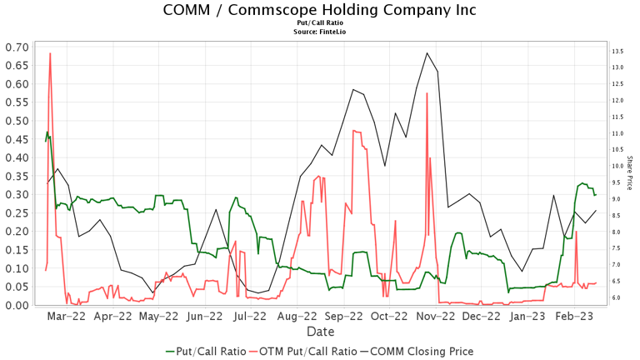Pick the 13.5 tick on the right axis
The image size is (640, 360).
(617, 52)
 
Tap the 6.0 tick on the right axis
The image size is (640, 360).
(617, 297)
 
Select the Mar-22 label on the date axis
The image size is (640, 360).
(67, 317)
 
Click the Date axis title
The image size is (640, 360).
(320, 331)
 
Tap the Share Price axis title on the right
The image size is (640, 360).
(631, 174)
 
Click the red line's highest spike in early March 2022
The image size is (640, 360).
(51, 53)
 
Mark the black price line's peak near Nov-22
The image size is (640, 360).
(427, 53)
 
